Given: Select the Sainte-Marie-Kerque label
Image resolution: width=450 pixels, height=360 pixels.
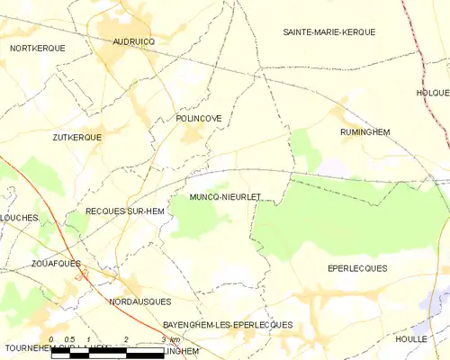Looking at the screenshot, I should tap(328, 32).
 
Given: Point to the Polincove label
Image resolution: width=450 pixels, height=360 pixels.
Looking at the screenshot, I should tap(199, 118).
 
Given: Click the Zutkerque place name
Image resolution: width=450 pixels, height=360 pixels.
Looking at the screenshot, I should tap(76, 137).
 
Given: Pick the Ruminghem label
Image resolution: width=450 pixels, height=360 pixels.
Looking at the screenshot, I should tap(364, 131).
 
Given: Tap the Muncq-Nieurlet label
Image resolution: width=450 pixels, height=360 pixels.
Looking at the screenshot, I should tap(225, 195).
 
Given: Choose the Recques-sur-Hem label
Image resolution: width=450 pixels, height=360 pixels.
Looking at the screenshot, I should tap(124, 211).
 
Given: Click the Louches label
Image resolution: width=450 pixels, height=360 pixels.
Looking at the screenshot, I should tap(17, 218).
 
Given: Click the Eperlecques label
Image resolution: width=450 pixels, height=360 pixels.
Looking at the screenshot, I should tap(357, 268).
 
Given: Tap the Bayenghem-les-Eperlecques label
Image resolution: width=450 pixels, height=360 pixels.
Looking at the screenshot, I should tap(228, 324).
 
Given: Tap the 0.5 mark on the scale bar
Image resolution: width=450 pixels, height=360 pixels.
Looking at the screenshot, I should tap(69, 340).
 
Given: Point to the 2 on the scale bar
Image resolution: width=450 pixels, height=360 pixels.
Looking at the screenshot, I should tap(126, 340).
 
